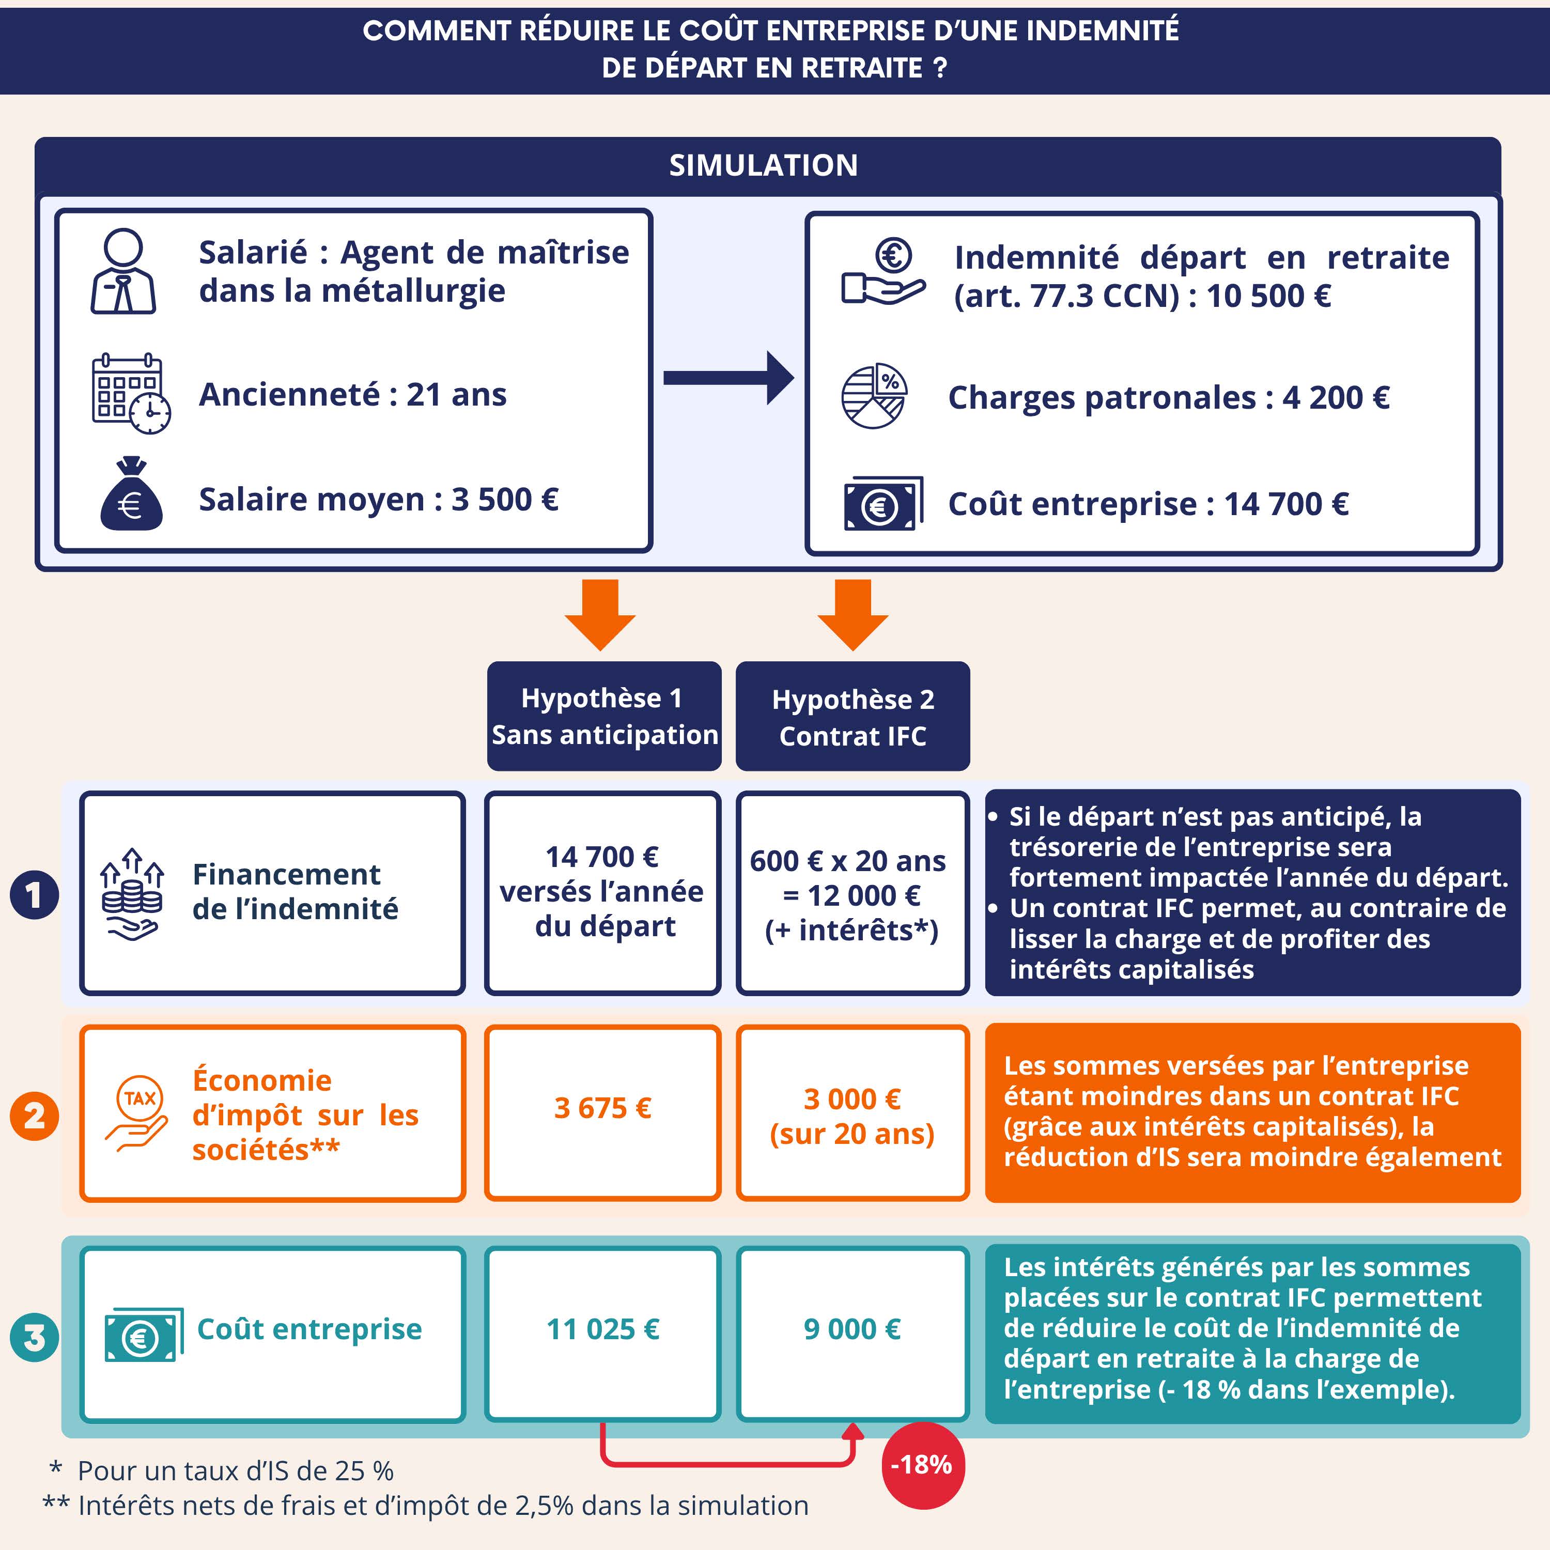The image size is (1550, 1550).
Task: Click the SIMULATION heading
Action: (x=763, y=165)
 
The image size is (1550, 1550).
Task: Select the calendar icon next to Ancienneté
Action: (x=131, y=394)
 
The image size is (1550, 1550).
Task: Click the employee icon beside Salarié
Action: (x=123, y=271)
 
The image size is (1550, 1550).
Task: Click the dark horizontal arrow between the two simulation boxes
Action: (x=729, y=378)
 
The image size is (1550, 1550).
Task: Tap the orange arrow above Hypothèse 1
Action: (x=600, y=614)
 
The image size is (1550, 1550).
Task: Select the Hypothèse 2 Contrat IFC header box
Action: (x=853, y=717)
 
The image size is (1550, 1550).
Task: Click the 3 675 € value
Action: (x=602, y=1108)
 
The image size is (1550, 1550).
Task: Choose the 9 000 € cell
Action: (x=853, y=1334)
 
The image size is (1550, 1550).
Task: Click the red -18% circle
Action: (x=923, y=1465)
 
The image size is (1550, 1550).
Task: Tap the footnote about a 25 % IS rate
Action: (x=222, y=1470)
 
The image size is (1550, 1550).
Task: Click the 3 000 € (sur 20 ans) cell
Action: (x=853, y=1113)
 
